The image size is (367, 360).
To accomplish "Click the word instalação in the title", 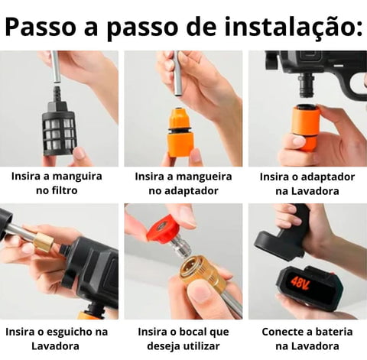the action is click(293, 27).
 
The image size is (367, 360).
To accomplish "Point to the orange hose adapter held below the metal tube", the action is click(181, 132).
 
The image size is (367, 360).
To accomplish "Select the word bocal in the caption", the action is click(194, 332).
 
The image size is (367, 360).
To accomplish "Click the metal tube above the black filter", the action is click(56, 67).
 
